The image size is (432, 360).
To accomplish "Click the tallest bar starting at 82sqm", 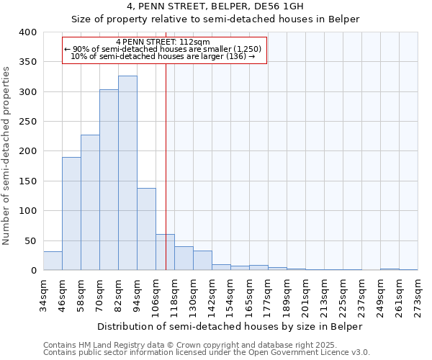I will tap(127, 173).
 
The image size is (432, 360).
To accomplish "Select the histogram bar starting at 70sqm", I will tap(109, 180).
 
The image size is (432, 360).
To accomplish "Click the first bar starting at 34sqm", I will tap(53, 261).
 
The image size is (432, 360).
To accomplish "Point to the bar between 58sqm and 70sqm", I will tap(90, 202).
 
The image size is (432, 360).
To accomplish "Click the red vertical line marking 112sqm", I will tap(166, 166).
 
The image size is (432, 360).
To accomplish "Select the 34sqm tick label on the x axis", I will tap(43, 294).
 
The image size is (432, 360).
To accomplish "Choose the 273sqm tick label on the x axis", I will tap(418, 294).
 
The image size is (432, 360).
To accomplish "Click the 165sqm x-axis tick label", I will tap(249, 294).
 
